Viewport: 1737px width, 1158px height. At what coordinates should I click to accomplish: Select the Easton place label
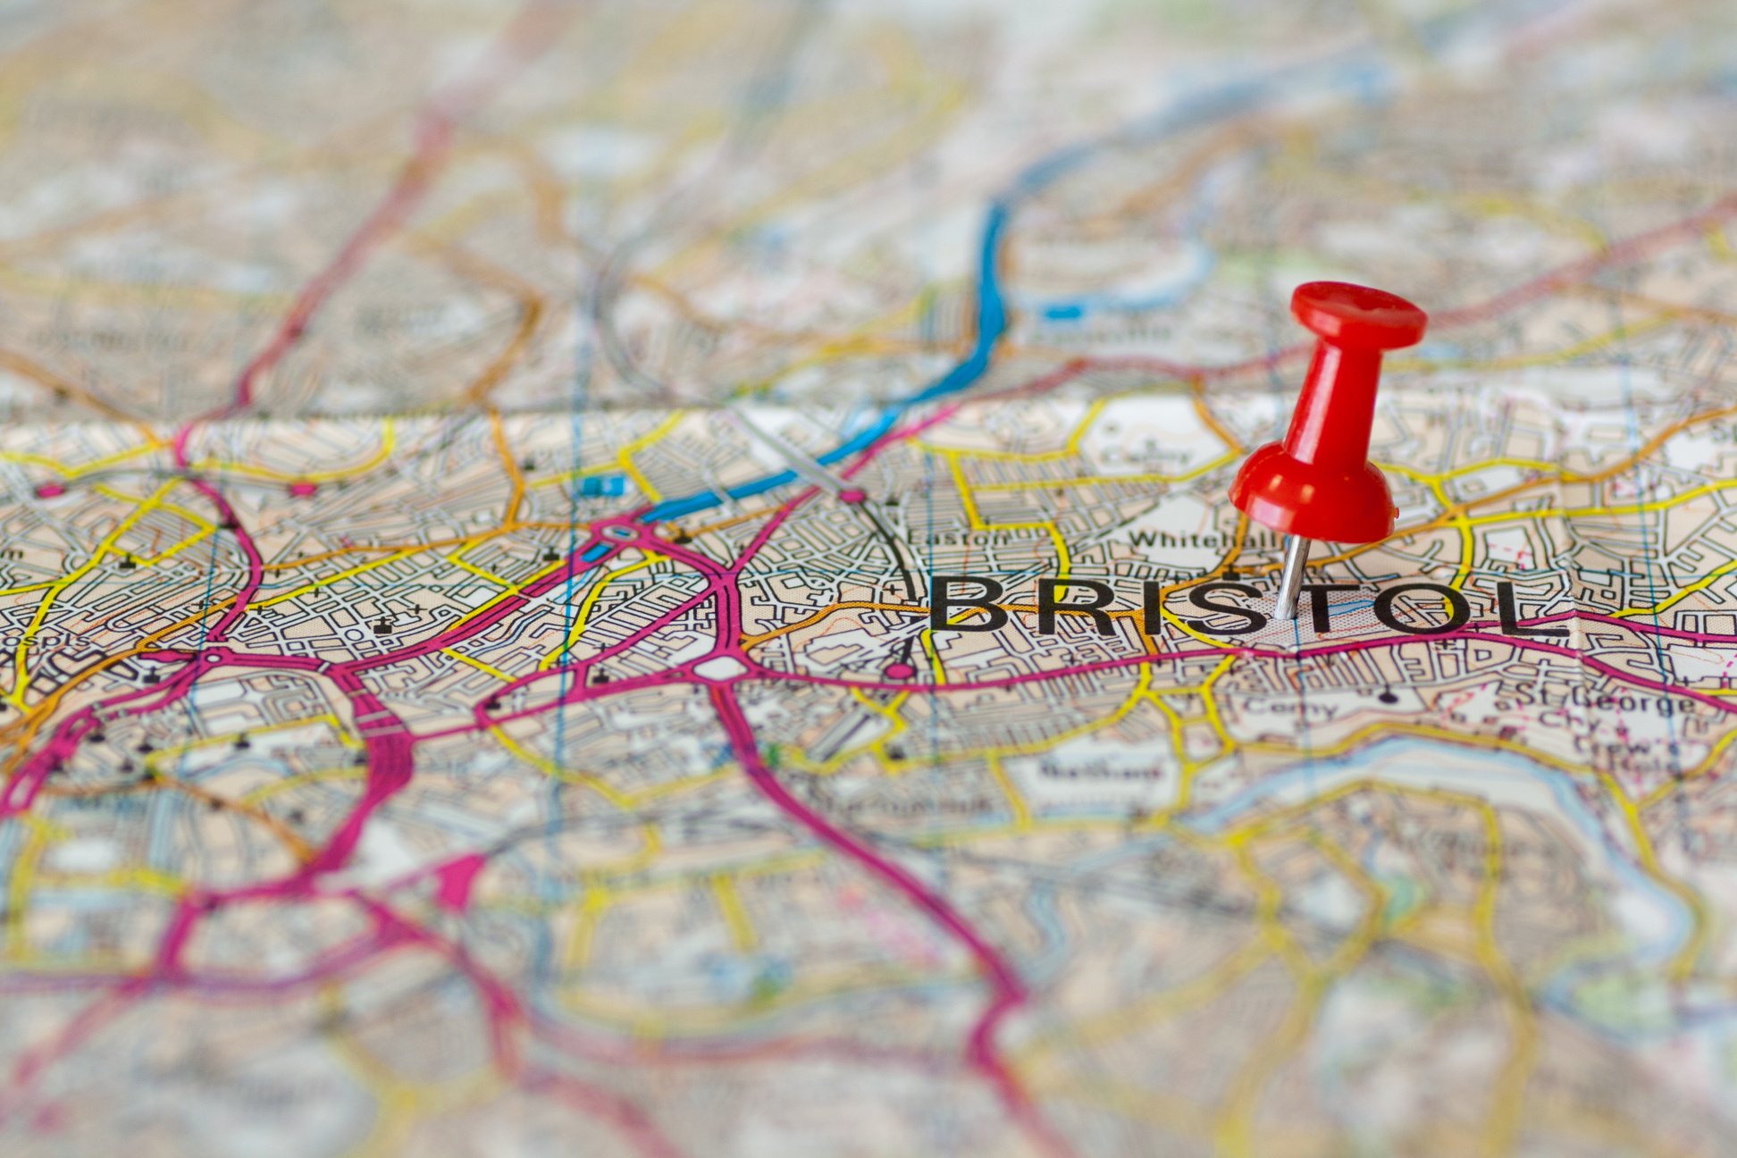click(x=957, y=538)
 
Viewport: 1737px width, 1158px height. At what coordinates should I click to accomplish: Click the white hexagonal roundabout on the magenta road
click(x=719, y=667)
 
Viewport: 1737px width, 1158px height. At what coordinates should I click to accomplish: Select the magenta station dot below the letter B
click(x=900, y=671)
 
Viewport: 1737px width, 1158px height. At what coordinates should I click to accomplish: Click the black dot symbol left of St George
click(x=1387, y=696)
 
